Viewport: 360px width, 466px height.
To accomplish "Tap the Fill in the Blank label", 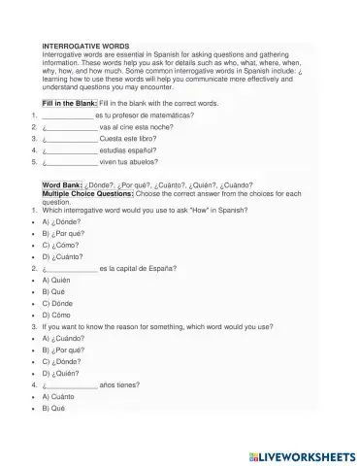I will [70, 102].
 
